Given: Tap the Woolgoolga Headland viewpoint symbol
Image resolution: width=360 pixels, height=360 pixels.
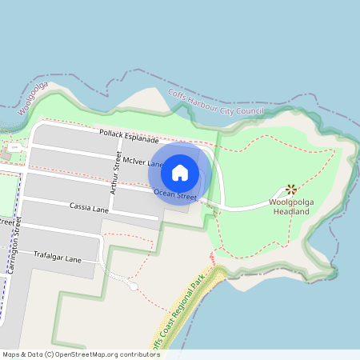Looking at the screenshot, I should tap(291, 190).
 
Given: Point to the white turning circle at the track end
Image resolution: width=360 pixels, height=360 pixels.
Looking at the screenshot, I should tap(134, 286).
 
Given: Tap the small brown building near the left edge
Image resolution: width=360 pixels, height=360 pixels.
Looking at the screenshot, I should tap(11, 149).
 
